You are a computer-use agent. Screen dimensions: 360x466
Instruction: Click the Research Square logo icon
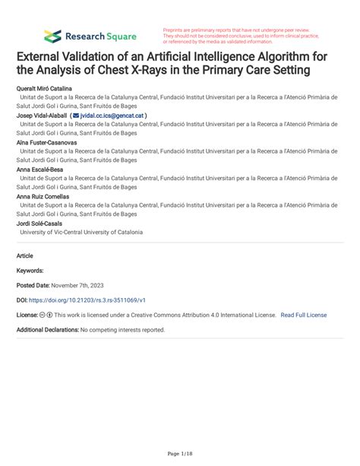click(52, 35)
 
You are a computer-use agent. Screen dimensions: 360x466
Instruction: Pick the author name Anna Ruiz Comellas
click(43, 196)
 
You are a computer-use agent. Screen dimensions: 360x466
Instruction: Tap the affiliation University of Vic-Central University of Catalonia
click(81, 232)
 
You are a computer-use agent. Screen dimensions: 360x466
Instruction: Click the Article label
click(25, 256)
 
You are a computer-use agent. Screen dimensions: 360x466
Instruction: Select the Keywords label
click(30, 270)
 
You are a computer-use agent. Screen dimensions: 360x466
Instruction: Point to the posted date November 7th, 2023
click(84, 284)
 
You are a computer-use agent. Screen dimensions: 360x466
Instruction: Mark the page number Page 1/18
click(179, 453)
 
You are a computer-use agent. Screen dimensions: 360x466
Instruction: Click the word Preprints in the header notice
click(175, 30)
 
